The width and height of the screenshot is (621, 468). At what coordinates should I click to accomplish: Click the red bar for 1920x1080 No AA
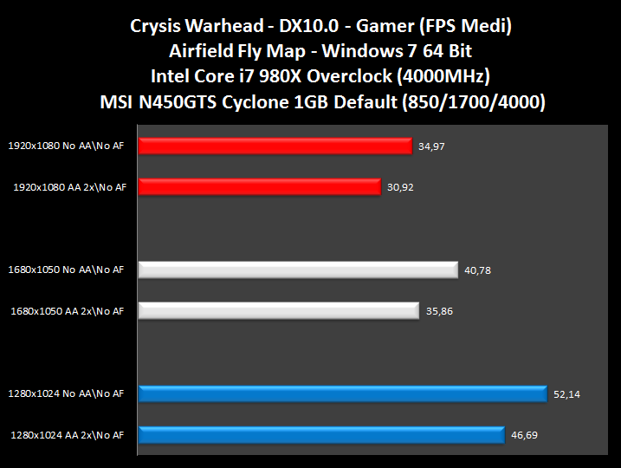(x=275, y=146)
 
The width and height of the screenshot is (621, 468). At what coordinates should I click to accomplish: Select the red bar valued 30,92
(x=259, y=186)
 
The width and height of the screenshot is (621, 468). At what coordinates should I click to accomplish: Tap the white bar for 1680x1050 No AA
(x=297, y=270)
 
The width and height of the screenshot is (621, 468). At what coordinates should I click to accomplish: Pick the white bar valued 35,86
(x=278, y=310)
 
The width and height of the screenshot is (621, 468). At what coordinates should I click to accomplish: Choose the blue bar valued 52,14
(x=342, y=394)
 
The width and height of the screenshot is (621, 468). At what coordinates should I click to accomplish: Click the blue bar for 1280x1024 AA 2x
(x=320, y=434)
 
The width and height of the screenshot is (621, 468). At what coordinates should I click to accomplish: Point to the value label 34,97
(x=431, y=146)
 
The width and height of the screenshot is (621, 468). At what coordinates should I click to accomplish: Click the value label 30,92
(x=400, y=186)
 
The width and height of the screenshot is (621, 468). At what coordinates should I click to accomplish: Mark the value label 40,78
(x=478, y=270)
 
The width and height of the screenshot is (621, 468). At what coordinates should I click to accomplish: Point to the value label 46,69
(x=525, y=434)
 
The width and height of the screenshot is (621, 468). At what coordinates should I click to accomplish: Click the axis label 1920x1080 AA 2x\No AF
(x=69, y=186)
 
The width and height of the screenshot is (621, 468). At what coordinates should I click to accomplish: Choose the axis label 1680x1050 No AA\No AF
(x=66, y=270)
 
